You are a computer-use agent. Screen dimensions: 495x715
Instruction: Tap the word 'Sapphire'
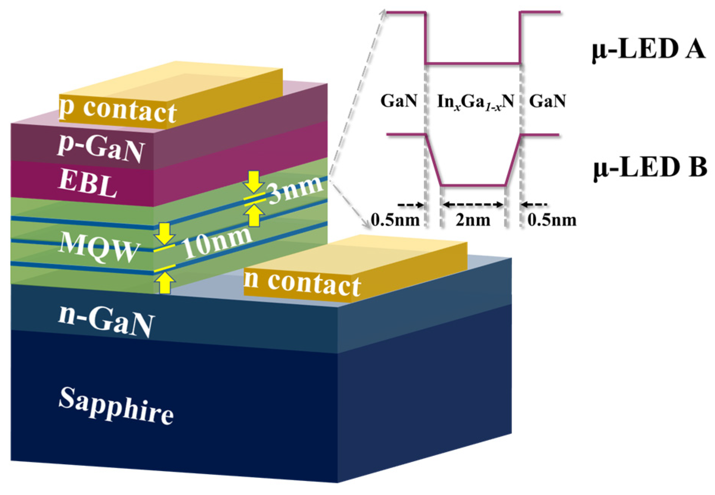(116, 405)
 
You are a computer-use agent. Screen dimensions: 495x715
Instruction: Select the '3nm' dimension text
(295, 190)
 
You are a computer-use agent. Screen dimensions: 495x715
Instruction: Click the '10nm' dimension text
(217, 243)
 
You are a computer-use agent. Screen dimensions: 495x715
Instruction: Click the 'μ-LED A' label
(649, 50)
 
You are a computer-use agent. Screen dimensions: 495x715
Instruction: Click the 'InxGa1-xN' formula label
(475, 102)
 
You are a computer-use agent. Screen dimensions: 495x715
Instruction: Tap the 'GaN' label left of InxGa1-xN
(399, 101)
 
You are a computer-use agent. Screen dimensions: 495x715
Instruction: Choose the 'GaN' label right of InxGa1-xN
(547, 101)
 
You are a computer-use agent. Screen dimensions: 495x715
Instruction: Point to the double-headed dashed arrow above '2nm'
(473, 205)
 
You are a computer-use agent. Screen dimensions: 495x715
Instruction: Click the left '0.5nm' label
(395, 220)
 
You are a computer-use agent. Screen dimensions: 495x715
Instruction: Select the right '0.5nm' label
(552, 220)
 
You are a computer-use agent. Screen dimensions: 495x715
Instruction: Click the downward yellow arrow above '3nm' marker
(254, 182)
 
